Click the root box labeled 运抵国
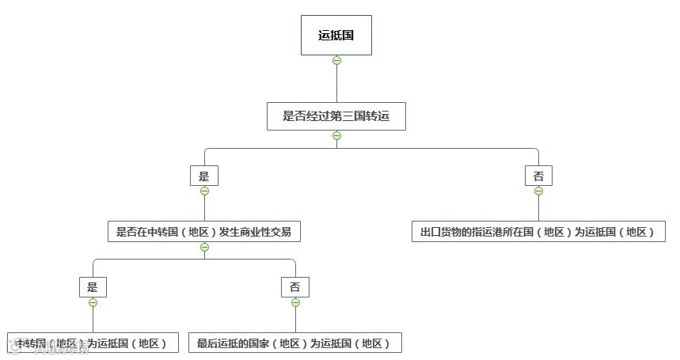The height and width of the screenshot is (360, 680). (336, 36)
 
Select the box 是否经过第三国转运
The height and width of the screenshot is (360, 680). (336, 118)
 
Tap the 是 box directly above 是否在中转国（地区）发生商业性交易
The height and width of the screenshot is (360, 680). (204, 176)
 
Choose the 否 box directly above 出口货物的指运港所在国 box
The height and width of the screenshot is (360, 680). (538, 176)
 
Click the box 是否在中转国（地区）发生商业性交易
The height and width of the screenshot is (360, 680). (203, 232)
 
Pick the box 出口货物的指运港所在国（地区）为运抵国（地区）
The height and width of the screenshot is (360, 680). (538, 232)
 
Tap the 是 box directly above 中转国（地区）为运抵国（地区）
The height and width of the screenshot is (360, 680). (93, 287)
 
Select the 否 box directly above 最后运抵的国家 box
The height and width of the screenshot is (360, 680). (295, 287)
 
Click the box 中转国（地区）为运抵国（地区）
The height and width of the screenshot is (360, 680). (92, 343)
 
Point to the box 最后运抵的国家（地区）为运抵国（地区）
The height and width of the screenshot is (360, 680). (294, 343)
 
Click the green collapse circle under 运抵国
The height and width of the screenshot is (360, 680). (336, 60)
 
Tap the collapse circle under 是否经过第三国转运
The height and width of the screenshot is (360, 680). (336, 135)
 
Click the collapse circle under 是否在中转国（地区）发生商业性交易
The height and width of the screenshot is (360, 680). (204, 247)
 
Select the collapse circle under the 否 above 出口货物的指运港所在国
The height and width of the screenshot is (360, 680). (538, 191)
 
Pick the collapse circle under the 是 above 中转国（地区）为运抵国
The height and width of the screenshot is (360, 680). (93, 302)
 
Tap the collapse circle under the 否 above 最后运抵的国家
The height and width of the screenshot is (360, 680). (295, 302)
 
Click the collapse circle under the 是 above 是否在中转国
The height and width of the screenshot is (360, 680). (204, 191)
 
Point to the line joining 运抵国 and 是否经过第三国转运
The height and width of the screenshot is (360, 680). (336, 84)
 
